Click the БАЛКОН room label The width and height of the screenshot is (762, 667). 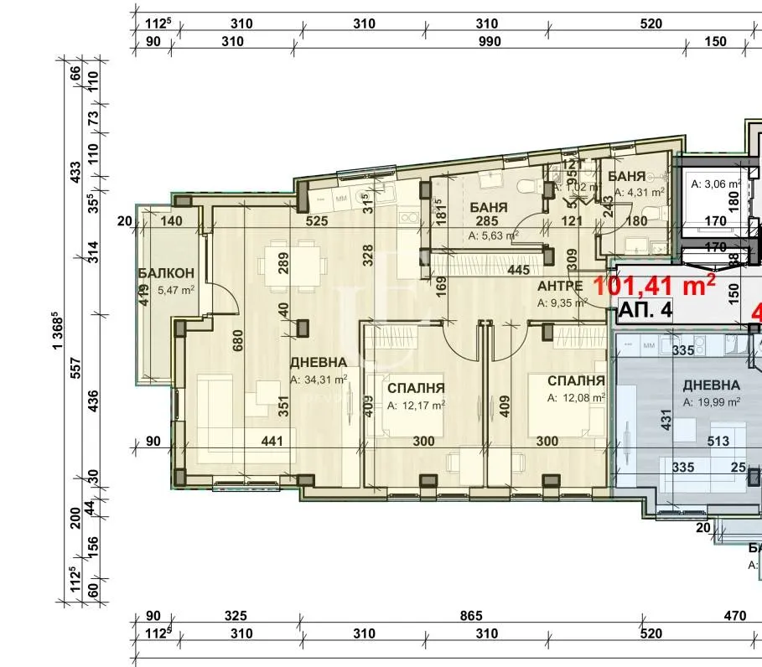point(166,273)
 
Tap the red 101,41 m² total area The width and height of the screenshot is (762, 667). point(654,285)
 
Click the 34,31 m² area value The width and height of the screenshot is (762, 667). point(319,380)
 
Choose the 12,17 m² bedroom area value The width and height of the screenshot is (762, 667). point(416,406)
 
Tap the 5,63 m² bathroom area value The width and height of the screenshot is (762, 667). point(494,235)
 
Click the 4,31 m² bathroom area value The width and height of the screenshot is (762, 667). point(639,192)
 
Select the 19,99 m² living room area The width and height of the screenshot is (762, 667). point(712,402)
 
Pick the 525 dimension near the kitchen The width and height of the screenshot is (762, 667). point(316,222)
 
